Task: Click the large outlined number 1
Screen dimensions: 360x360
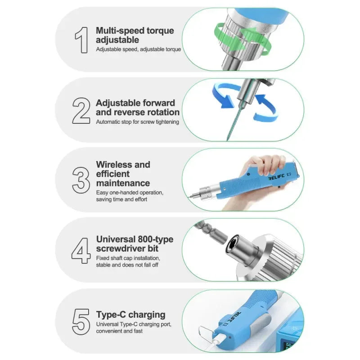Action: (x=81, y=40)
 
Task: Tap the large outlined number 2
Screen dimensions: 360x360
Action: (x=81, y=110)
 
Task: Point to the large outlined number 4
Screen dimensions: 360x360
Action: (x=81, y=250)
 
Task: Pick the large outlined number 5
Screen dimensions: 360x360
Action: (x=81, y=320)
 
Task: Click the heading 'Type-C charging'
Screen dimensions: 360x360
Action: (x=130, y=315)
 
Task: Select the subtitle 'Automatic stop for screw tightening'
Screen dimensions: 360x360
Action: (x=137, y=121)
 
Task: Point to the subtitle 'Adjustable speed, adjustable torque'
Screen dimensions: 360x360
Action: (x=138, y=49)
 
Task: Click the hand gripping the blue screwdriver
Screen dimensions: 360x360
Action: (x=265, y=165)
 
